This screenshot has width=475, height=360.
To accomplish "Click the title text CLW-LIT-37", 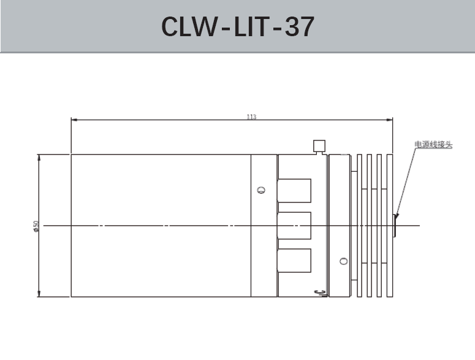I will pyautogui.click(x=237, y=26).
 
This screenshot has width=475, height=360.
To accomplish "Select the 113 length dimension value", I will pyautogui.click(x=251, y=117).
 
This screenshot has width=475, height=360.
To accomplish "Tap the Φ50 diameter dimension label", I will pyautogui.click(x=36, y=226).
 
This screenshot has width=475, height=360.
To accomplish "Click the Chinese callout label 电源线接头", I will pyautogui.click(x=433, y=145).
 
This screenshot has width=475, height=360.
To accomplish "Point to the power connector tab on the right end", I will pyautogui.click(x=395, y=226).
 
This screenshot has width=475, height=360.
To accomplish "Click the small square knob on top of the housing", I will pyautogui.click(x=319, y=146).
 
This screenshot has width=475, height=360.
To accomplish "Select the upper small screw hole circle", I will pyautogui.click(x=262, y=190).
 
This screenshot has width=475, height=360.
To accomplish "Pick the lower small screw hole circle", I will pyautogui.click(x=343, y=262).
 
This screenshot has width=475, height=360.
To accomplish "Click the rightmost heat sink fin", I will pyautogui.click(x=389, y=226).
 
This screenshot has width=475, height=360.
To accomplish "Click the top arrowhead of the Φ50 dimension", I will pyautogui.click(x=39, y=157).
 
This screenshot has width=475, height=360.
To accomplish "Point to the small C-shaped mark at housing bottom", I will pyautogui.click(x=317, y=293).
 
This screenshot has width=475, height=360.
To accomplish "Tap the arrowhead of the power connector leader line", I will pyautogui.click(x=396, y=216).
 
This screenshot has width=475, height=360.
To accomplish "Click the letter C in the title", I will pyautogui.click(x=172, y=26).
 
